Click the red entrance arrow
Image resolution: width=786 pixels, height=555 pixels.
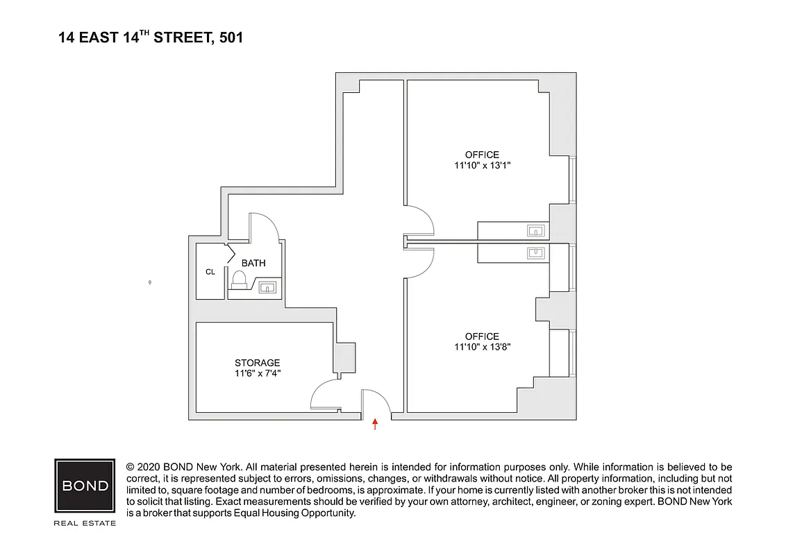[x=376, y=424]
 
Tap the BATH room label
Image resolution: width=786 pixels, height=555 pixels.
[x=253, y=264]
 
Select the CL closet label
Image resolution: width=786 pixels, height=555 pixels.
[x=210, y=272]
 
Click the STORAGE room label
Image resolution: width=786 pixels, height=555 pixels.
[x=257, y=363]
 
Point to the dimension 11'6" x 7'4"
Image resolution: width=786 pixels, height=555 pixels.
[x=257, y=373]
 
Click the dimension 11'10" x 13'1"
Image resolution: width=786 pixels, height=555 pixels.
[x=482, y=165]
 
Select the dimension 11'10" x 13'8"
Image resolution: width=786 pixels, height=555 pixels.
[x=482, y=347]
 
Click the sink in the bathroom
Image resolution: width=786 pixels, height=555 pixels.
[x=268, y=287]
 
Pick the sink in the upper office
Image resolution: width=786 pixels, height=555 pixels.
[x=535, y=230]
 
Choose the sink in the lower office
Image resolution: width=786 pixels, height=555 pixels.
[x=535, y=252]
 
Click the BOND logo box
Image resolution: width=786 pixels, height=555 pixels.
[x=85, y=486]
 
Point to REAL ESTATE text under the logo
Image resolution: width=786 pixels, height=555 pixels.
[x=85, y=523]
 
